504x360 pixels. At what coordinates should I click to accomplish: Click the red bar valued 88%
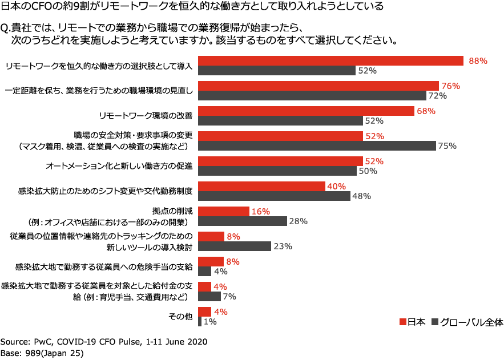tap(330, 60)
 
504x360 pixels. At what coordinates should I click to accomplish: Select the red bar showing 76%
tap(318, 86)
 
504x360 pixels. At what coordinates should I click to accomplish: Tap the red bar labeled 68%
tap(305, 111)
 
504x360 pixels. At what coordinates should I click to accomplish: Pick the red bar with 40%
tap(261, 186)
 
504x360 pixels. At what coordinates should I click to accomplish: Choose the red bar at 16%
tap(223, 211)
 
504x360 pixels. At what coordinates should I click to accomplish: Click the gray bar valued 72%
tap(312, 96)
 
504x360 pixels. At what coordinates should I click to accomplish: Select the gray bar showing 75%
tap(316, 145)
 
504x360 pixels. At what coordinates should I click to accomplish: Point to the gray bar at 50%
tap(277, 171)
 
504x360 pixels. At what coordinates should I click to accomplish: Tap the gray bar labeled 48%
tap(273, 196)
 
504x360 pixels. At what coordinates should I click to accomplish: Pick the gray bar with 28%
tap(242, 221)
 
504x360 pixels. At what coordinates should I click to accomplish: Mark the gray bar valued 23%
tap(234, 246)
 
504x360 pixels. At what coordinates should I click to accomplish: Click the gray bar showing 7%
tap(209, 296)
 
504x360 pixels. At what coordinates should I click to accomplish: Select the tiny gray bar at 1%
tap(199, 322)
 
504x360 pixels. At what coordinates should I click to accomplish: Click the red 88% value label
tap(478, 61)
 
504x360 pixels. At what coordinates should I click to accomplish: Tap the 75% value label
tap(447, 145)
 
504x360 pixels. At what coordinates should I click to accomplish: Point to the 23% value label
tap(283, 246)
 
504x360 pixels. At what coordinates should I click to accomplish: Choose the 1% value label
tap(210, 322)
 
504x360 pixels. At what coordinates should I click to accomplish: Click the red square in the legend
tap(402, 321)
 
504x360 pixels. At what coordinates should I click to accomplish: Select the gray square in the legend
tap(434, 321)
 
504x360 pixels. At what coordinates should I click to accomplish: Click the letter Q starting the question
tap(4, 28)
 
